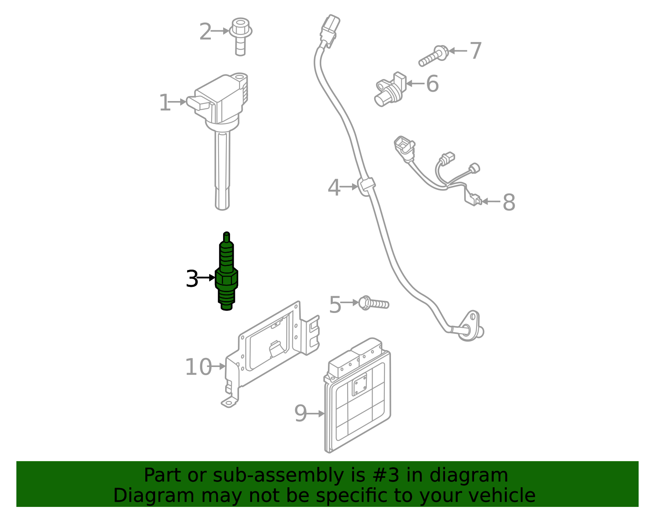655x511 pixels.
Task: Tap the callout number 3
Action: [192, 279]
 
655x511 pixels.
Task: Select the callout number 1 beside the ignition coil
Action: [164, 103]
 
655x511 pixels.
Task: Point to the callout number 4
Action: [334, 187]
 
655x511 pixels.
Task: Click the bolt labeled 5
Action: [373, 304]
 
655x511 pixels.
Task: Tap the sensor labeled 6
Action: [389, 90]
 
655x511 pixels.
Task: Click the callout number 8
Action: [508, 202]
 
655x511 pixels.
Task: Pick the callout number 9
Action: [300, 413]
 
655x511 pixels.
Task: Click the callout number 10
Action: [198, 367]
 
